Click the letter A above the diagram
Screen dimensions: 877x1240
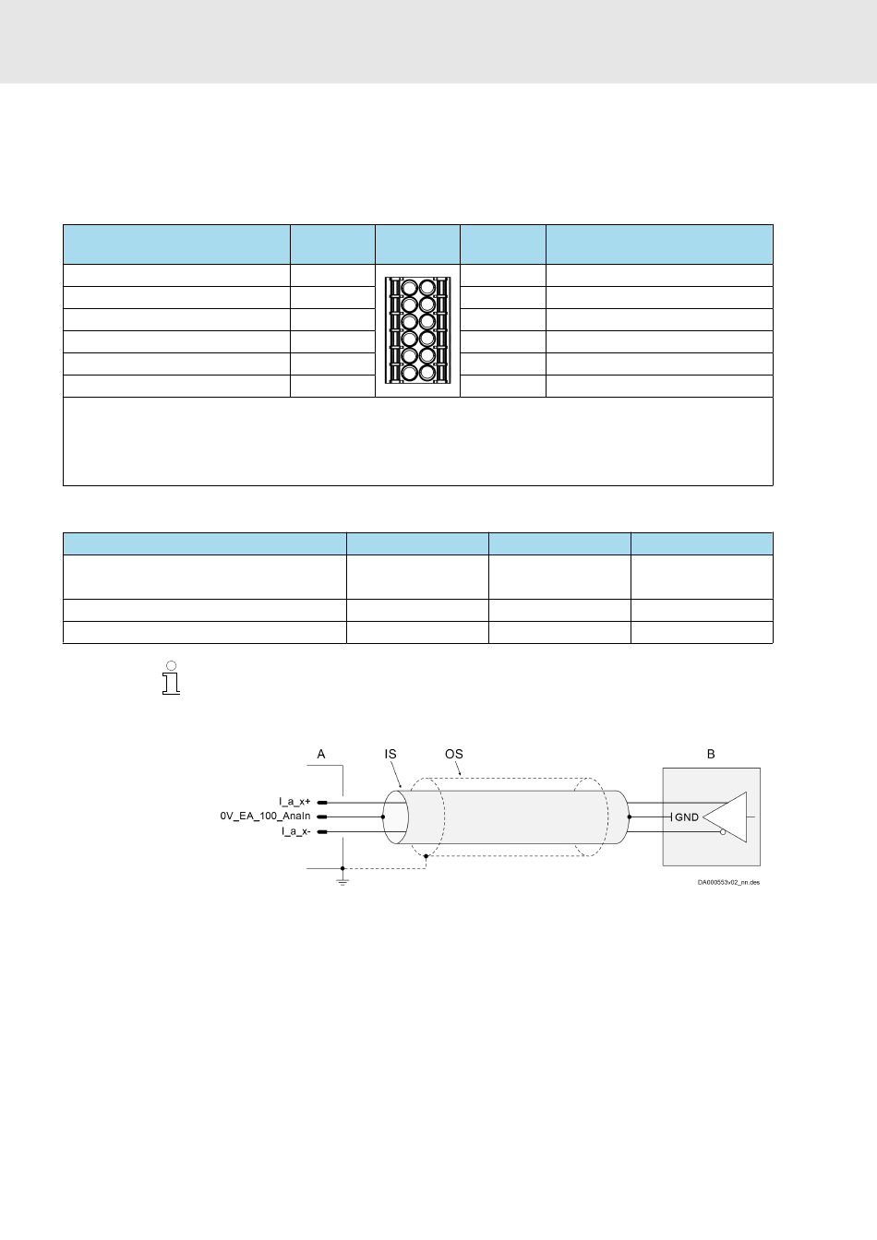click(x=320, y=754)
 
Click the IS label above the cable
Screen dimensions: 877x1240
click(x=390, y=754)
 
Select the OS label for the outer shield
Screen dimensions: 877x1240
click(x=454, y=754)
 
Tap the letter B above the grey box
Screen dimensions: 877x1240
click(x=711, y=754)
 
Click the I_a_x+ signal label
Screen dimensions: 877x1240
click(x=294, y=802)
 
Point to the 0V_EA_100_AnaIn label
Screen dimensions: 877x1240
click(x=265, y=816)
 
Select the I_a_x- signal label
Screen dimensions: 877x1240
click(x=295, y=831)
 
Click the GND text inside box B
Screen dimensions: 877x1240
click(x=687, y=817)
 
